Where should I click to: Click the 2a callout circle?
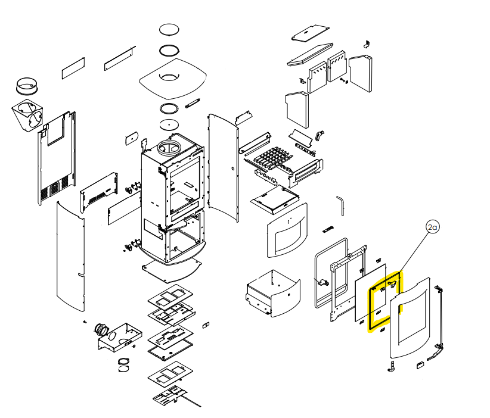pos(432,227)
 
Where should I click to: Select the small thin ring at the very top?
pos(169,30)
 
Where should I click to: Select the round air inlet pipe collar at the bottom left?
pos(100,329)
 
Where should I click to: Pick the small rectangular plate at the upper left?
pos(74,68)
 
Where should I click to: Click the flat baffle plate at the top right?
pos(311,34)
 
